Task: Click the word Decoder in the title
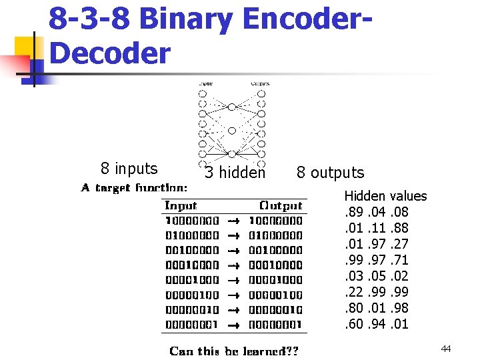(x=110, y=53)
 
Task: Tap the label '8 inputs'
(x=129, y=169)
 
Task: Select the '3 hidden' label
(x=235, y=173)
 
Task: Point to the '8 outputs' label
(x=330, y=173)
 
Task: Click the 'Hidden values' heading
(x=385, y=196)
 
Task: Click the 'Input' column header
(x=181, y=206)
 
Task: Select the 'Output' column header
(x=280, y=206)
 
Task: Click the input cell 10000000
(x=191, y=221)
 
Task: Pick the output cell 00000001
(x=275, y=325)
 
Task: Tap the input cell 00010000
(x=191, y=265)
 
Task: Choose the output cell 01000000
(x=275, y=235)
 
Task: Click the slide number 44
(x=446, y=349)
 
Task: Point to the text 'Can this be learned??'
(x=234, y=351)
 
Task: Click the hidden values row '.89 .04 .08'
(x=376, y=212)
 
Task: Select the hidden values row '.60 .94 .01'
(x=376, y=324)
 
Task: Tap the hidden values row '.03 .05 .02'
(x=376, y=276)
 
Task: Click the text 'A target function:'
(x=134, y=189)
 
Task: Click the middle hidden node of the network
(x=231, y=131)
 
